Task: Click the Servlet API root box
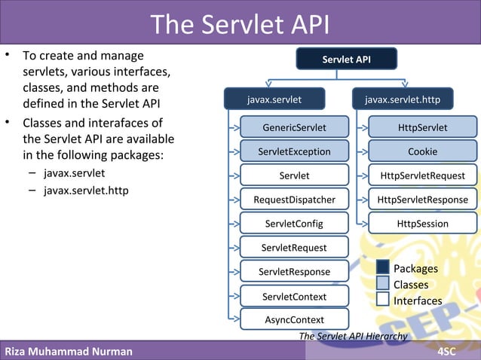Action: (x=346, y=58)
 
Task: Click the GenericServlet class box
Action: (x=294, y=127)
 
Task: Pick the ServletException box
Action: (x=294, y=151)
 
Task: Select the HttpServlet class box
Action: (x=422, y=127)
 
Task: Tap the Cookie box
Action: (x=422, y=151)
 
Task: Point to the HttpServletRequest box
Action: (x=422, y=175)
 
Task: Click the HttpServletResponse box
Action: (x=422, y=200)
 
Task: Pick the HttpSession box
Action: (x=422, y=224)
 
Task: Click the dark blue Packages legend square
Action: (x=383, y=268)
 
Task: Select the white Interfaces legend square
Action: (x=383, y=300)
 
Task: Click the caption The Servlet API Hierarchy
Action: (x=353, y=336)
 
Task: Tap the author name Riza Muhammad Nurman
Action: (x=69, y=352)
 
